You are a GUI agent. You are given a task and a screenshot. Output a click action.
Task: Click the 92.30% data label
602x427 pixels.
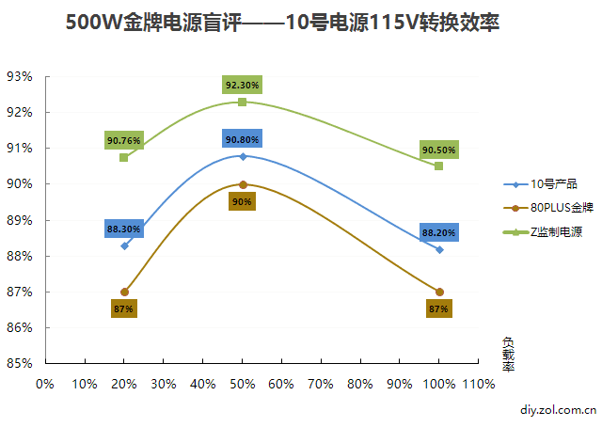pos(242,86)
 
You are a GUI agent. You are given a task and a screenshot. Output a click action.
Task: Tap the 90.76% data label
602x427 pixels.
pos(124,141)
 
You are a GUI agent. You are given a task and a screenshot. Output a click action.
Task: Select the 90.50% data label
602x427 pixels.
pos(438,150)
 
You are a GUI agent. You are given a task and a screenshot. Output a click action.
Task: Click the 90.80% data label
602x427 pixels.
pos(242,140)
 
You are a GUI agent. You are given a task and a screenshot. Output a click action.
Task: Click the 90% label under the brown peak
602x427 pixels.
pos(242,201)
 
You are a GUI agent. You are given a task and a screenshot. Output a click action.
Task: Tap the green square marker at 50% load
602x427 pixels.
pos(242,102)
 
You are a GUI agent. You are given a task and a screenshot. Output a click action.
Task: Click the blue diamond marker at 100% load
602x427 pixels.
pos(439,249)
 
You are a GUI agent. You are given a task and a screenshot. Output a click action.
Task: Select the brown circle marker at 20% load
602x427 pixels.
pos(124,292)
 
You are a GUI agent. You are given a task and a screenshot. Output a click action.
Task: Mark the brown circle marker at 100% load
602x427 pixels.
pos(439,292)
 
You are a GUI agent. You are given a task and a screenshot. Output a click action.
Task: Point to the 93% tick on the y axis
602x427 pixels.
pos(20,76)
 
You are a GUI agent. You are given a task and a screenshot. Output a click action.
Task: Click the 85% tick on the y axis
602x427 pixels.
pos(20,363)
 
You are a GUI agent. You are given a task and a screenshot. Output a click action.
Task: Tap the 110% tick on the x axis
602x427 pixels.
pos(478,384)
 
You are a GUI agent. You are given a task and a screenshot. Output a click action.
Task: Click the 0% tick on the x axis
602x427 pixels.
pos(44,384)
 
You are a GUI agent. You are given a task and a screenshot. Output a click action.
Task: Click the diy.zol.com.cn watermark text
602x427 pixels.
pos(558,410)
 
